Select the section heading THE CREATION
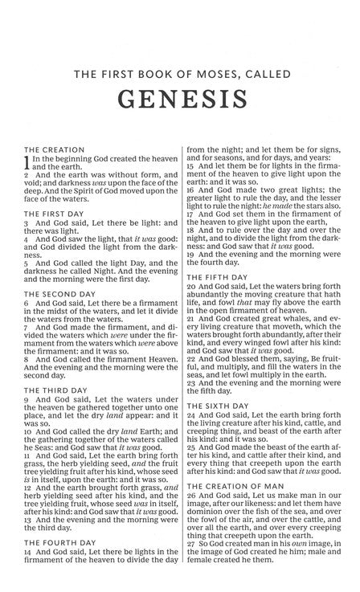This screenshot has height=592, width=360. (54, 149)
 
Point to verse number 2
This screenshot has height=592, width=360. (27, 175)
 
